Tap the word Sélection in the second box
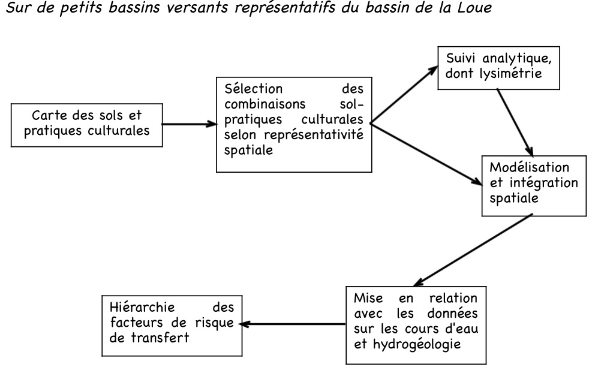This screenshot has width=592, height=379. [253, 89]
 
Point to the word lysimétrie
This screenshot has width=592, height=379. [510, 73]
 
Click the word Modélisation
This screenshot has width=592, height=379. [529, 167]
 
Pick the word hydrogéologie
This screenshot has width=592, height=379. [417, 344]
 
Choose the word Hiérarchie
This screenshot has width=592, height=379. [142, 307]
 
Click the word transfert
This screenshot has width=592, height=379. [160, 338]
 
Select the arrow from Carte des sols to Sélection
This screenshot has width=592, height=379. [190, 124]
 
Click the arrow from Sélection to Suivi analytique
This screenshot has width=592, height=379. [404, 94]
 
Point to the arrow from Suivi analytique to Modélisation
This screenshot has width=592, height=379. [515, 122]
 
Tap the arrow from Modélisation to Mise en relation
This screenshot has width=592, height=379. [473, 250]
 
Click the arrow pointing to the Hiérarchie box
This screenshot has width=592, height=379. [293, 324]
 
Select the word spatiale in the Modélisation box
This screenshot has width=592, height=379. [514, 198]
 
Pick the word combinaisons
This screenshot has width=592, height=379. [265, 104]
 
